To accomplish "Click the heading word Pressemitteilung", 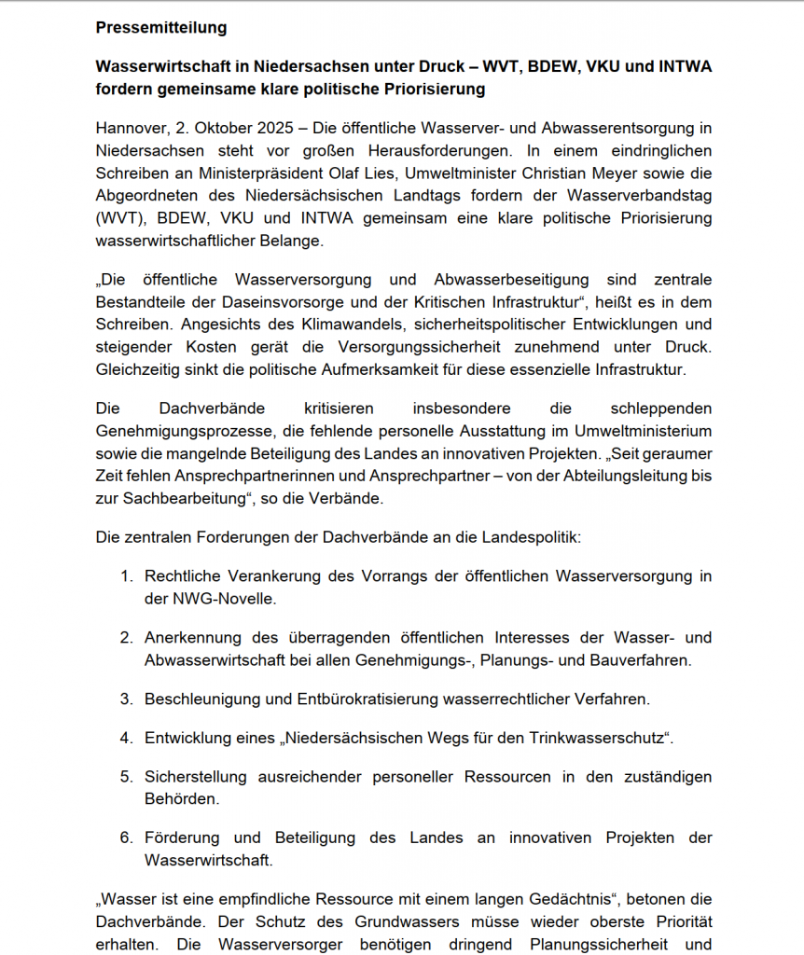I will (x=161, y=28).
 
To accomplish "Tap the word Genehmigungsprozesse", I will (x=178, y=430).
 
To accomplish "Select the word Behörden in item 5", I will (x=182, y=799).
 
